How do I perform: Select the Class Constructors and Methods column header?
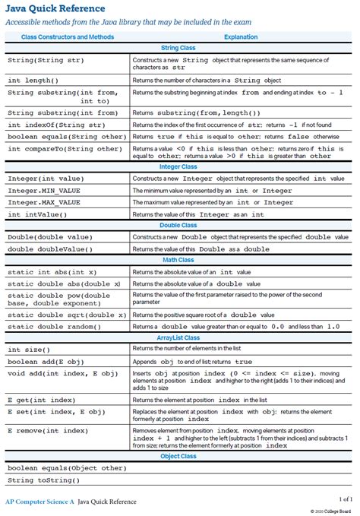click(x=68, y=36)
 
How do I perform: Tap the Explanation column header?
click(x=242, y=36)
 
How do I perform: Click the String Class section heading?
click(x=180, y=48)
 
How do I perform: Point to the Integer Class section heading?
click(x=180, y=166)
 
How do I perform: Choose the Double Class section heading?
click(x=180, y=226)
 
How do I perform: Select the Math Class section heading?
click(x=180, y=261)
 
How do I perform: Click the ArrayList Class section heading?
click(x=180, y=338)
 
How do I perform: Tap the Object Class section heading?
click(x=180, y=457)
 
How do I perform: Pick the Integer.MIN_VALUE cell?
click(x=43, y=191)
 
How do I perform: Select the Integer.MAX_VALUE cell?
click(x=43, y=203)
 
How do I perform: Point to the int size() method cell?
click(x=29, y=350)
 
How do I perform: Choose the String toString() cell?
click(x=43, y=480)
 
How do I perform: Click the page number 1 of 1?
click(x=346, y=499)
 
